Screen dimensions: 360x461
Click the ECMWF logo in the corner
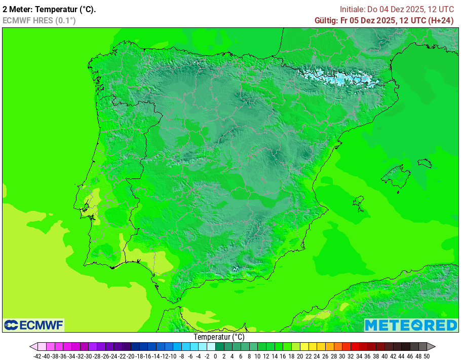tap(33, 325)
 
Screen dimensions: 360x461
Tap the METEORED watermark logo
tap(411, 325)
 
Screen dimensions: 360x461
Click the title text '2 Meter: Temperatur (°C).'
tap(49, 9)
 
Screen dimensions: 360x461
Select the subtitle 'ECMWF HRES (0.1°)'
tap(39, 20)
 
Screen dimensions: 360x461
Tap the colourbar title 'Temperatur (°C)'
tap(219, 337)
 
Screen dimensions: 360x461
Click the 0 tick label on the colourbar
tap(215, 356)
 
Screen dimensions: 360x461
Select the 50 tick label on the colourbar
tap(427, 356)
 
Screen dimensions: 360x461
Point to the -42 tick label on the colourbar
tap(37, 356)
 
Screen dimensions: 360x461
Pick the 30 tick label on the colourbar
tap(342, 356)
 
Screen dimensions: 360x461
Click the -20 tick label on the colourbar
tap(130, 356)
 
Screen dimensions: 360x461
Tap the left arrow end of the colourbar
tap(33, 347)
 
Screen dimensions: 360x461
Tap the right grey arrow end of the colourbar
tap(431, 347)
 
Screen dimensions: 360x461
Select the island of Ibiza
tap(359, 201)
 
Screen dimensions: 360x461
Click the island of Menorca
tap(425, 163)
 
